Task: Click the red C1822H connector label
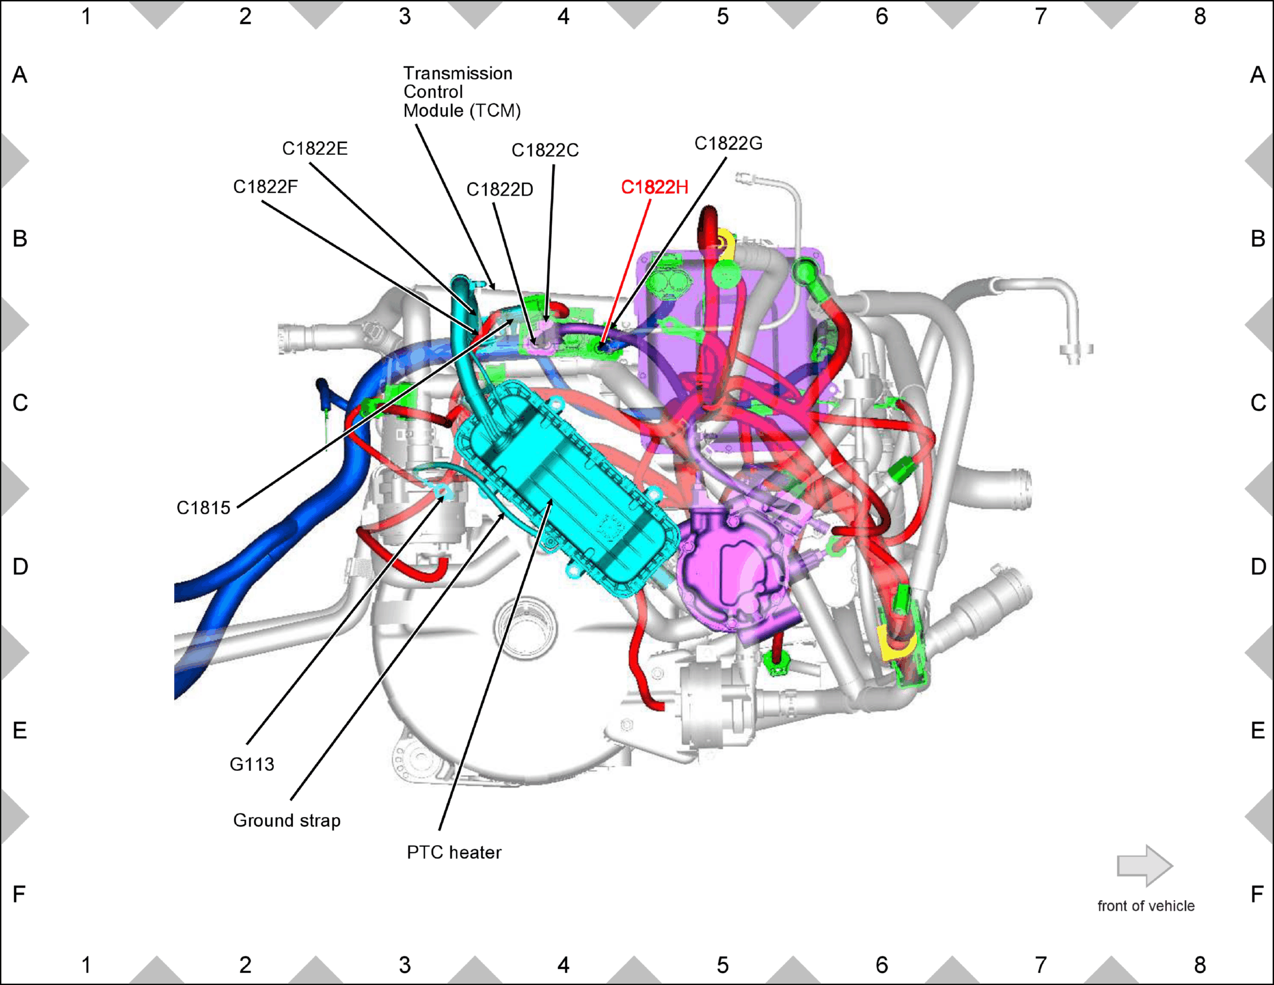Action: pos(654,187)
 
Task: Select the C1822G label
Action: pos(729,144)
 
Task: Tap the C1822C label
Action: pos(545,150)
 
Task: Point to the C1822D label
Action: pos(499,190)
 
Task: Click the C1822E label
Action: pos(315,148)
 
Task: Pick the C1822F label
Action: pos(265,187)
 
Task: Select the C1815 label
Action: pos(203,508)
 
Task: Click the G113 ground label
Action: pos(252,764)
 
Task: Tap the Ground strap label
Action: pos(287,821)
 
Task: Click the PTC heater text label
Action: pos(454,852)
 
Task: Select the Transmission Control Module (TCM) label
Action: pos(462,92)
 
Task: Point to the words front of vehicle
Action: pos(1146,906)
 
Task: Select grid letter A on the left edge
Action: pos(20,75)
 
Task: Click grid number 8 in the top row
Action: pos(1200,17)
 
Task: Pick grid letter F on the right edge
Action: pos(1257,894)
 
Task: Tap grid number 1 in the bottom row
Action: pos(86,965)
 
